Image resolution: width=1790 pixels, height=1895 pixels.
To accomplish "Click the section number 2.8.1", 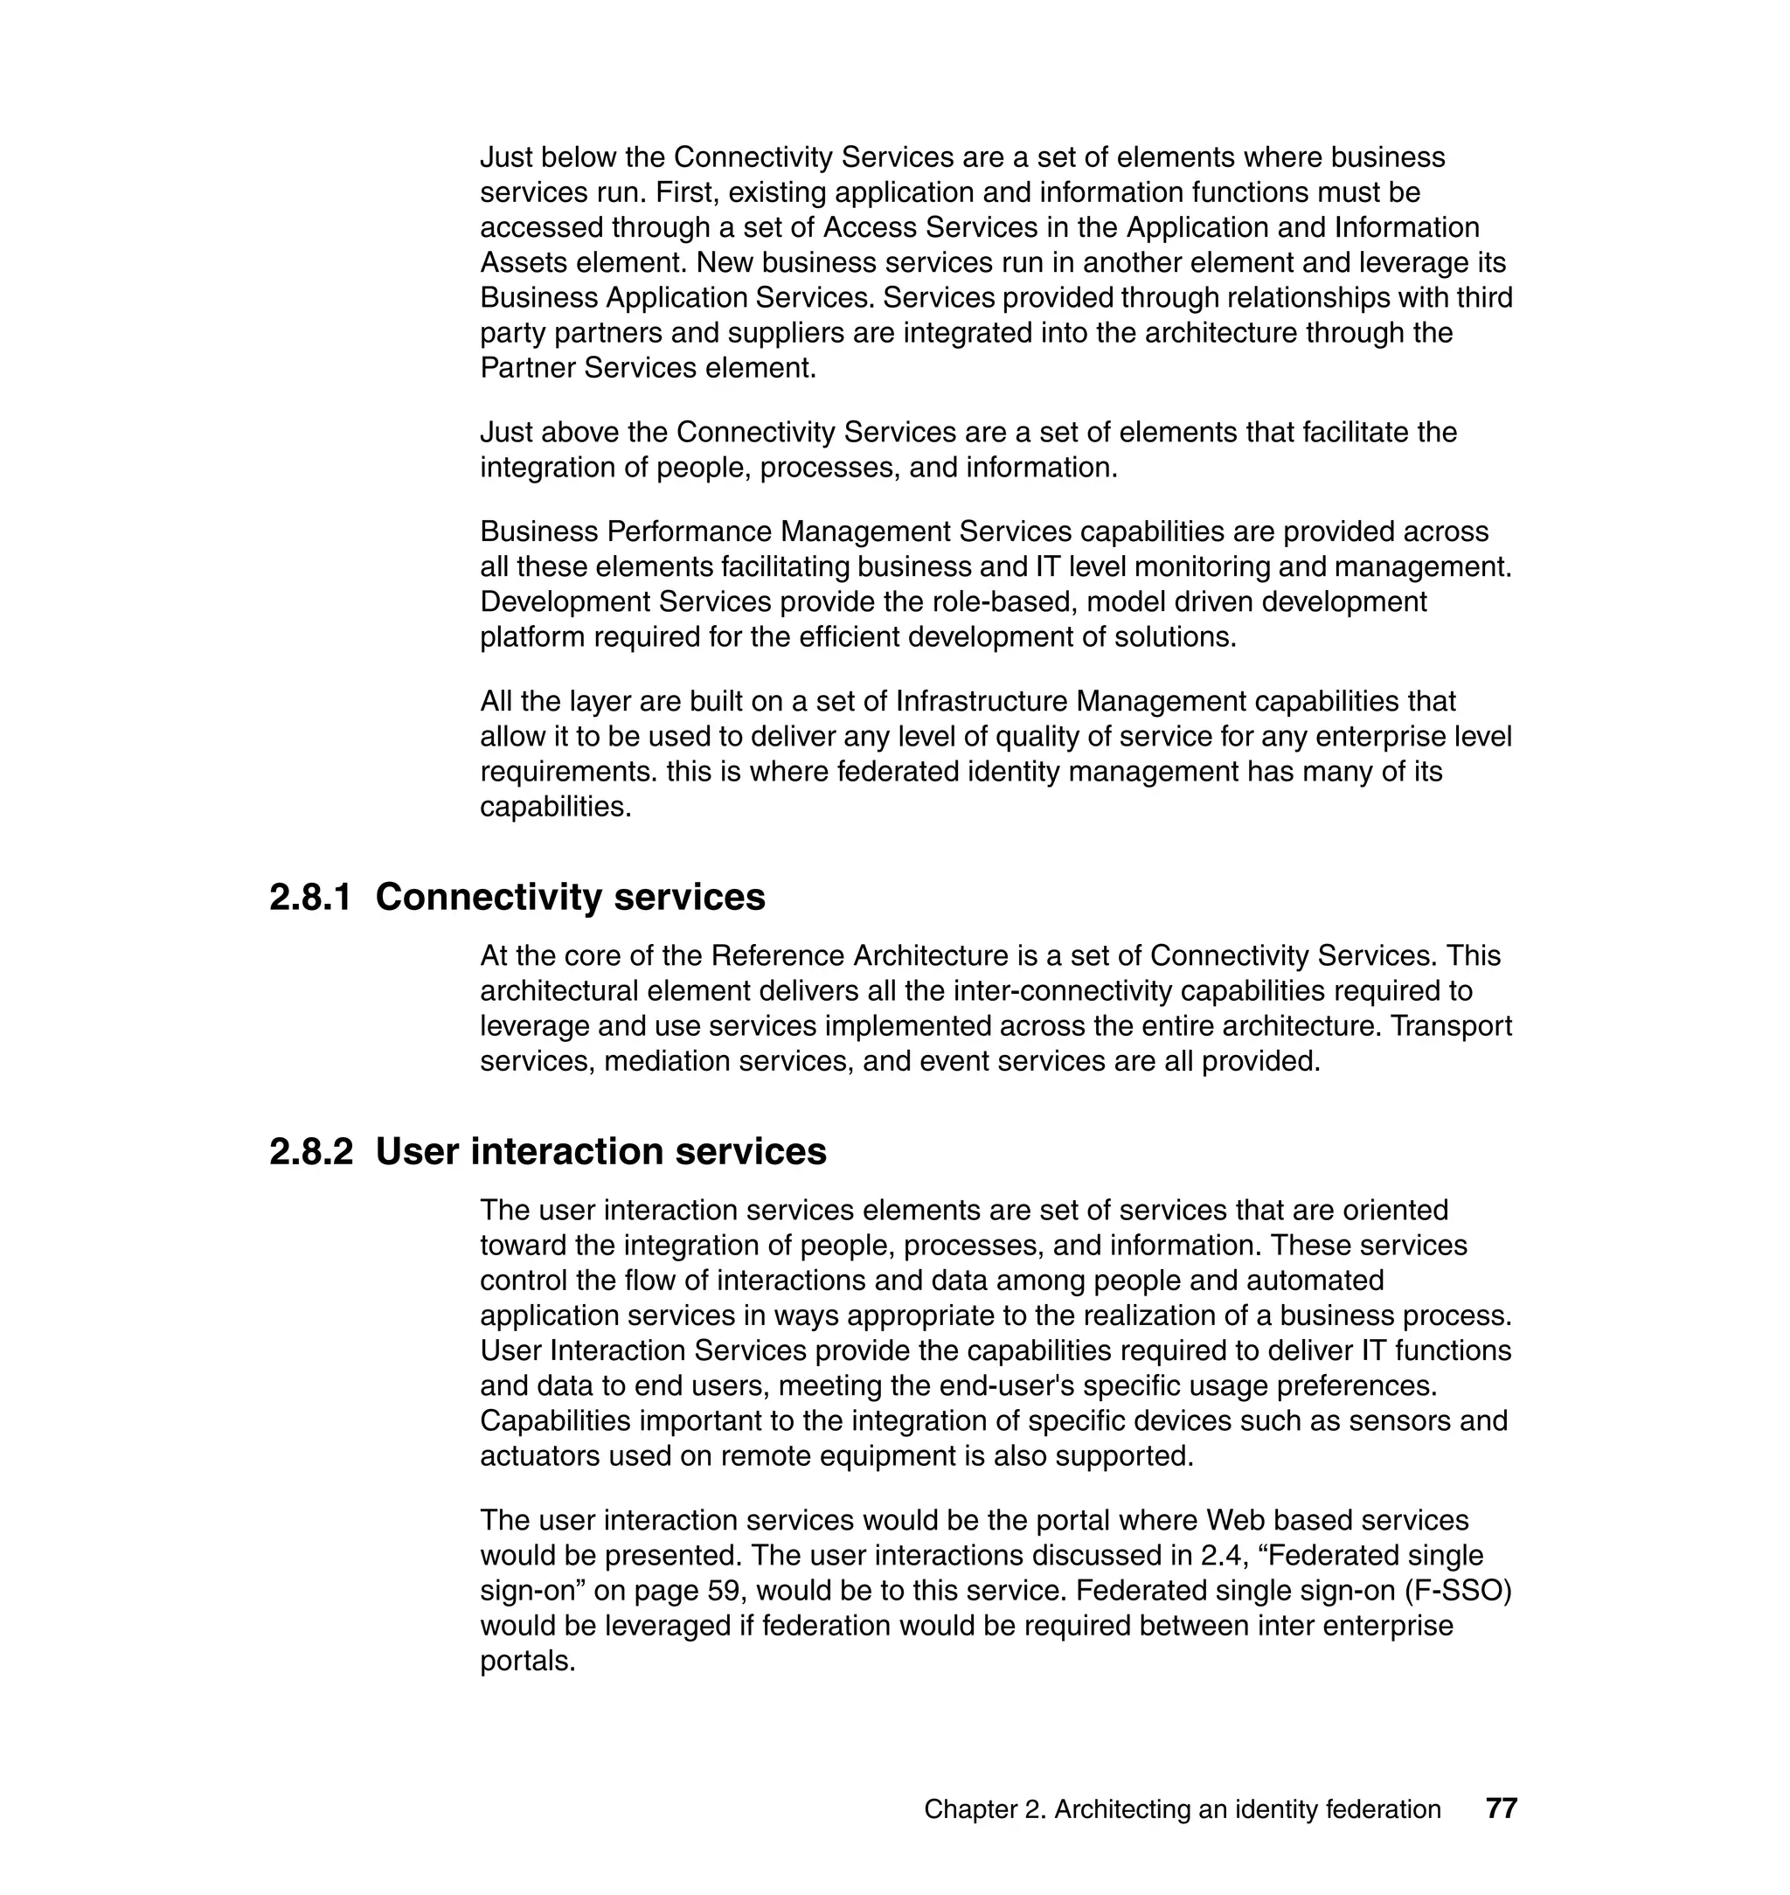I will (x=310, y=898).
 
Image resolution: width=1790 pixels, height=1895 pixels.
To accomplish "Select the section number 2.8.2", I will (x=310, y=1152).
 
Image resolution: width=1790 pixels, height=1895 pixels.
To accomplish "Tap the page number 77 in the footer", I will (x=1501, y=1808).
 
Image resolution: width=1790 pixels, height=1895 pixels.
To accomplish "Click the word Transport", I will (x=1451, y=1026).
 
